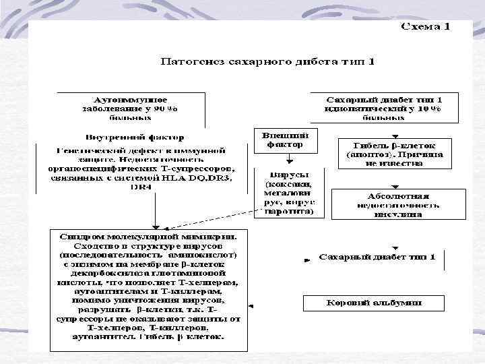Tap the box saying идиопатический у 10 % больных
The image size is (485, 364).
click(383, 108)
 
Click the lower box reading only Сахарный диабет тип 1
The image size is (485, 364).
click(377, 257)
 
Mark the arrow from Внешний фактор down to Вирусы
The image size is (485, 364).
click(288, 158)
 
